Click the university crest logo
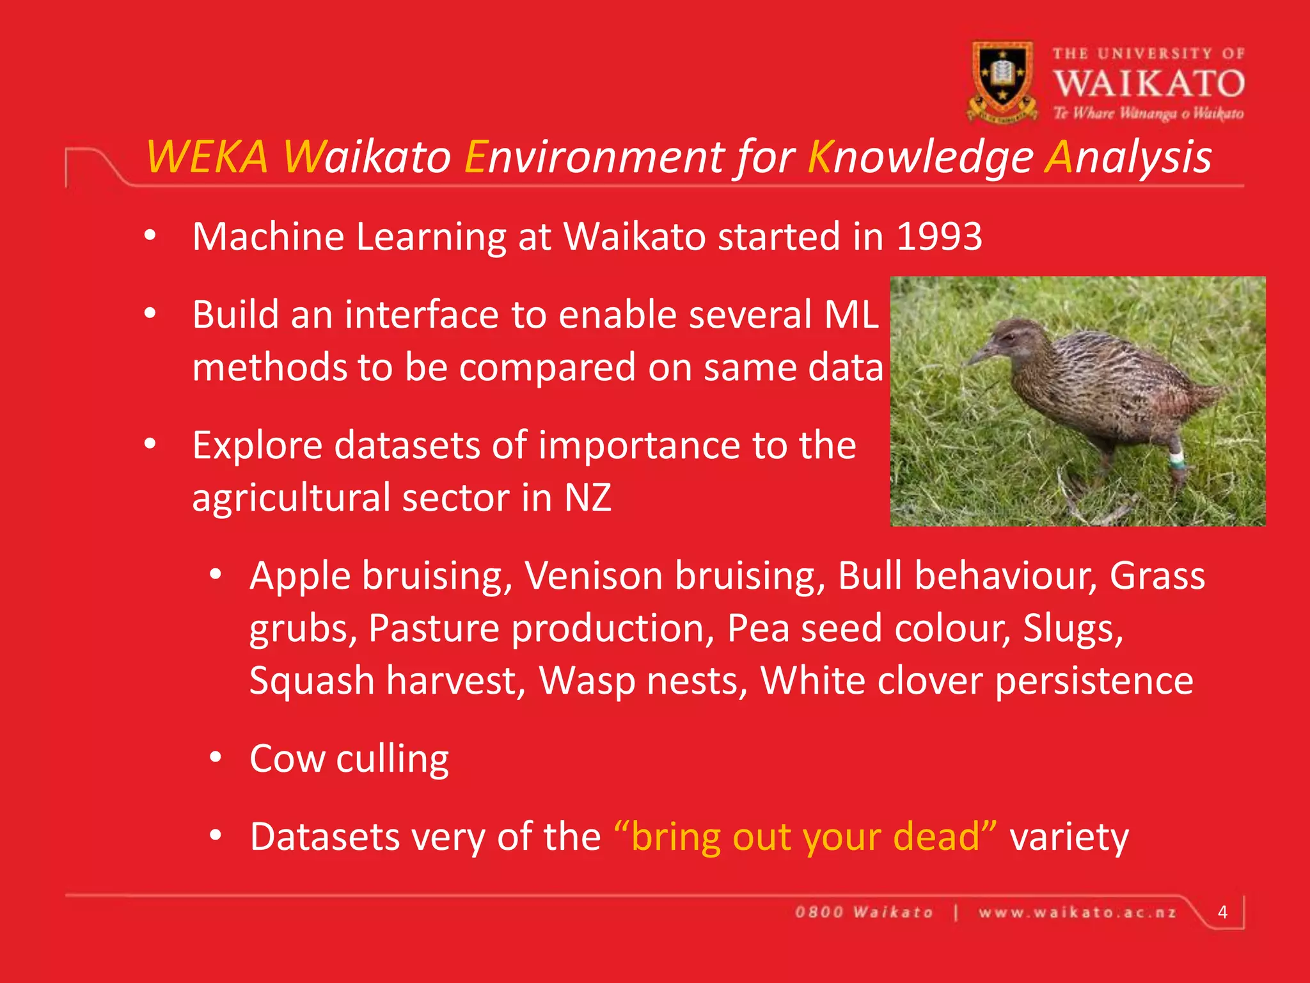[1002, 81]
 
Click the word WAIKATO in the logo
[1149, 84]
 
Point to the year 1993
[939, 237]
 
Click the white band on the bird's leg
[1176, 458]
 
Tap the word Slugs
[1073, 628]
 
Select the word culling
[393, 760]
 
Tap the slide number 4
[1222, 912]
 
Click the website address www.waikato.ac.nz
[1077, 913]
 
